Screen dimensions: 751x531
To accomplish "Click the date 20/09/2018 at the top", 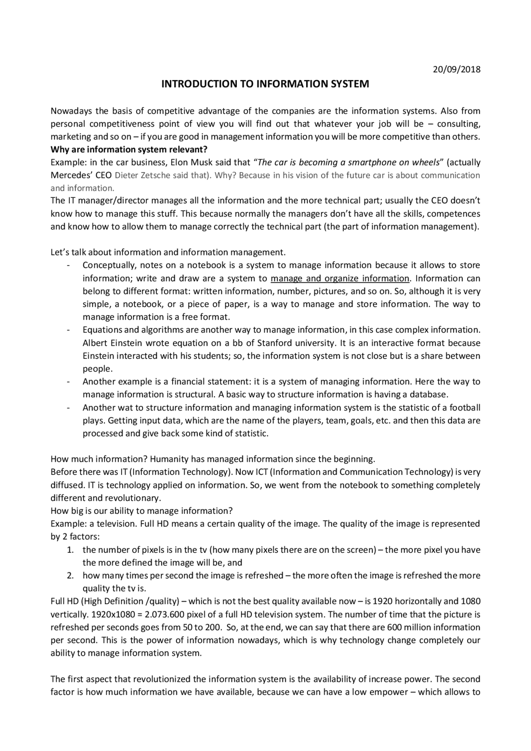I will click(456, 69).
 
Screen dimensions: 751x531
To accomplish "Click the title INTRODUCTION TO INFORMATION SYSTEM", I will click(265, 84).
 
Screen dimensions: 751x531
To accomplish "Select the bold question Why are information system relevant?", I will click(129, 149).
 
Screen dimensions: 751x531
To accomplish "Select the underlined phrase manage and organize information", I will click(340, 278).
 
